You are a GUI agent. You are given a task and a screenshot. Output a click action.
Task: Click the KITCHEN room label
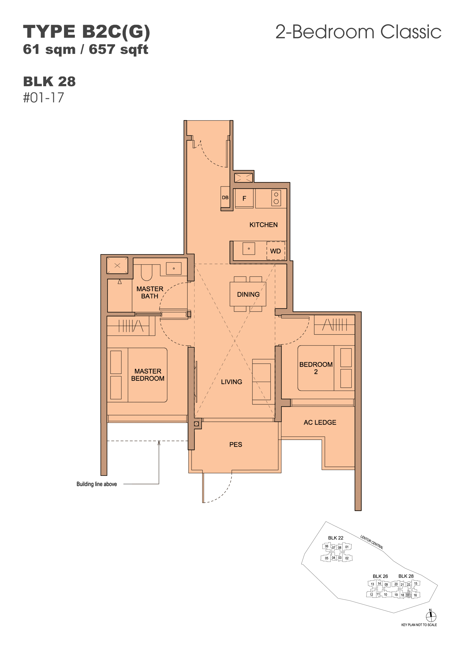pyautogui.click(x=263, y=225)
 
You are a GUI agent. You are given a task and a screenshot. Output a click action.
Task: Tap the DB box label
pyautogui.click(x=225, y=197)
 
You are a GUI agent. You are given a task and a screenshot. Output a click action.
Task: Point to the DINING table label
pyautogui.click(x=248, y=294)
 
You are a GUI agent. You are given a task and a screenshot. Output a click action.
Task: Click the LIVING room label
pyautogui.click(x=231, y=382)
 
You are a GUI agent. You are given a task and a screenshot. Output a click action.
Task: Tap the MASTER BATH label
pyautogui.click(x=150, y=292)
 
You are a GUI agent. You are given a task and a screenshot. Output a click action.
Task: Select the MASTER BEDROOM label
pyautogui.click(x=148, y=375)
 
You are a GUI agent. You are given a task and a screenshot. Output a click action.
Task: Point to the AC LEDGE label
pyautogui.click(x=320, y=423)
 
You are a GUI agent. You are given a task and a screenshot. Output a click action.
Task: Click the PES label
pyautogui.click(x=236, y=444)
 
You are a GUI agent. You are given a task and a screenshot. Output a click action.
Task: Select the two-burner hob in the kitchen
pyautogui.click(x=276, y=198)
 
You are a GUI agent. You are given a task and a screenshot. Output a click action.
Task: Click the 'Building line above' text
pyautogui.click(x=97, y=484)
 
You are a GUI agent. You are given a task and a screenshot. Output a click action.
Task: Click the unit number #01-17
pyautogui.click(x=43, y=98)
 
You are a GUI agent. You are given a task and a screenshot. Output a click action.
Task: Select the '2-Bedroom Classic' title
pyautogui.click(x=358, y=32)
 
